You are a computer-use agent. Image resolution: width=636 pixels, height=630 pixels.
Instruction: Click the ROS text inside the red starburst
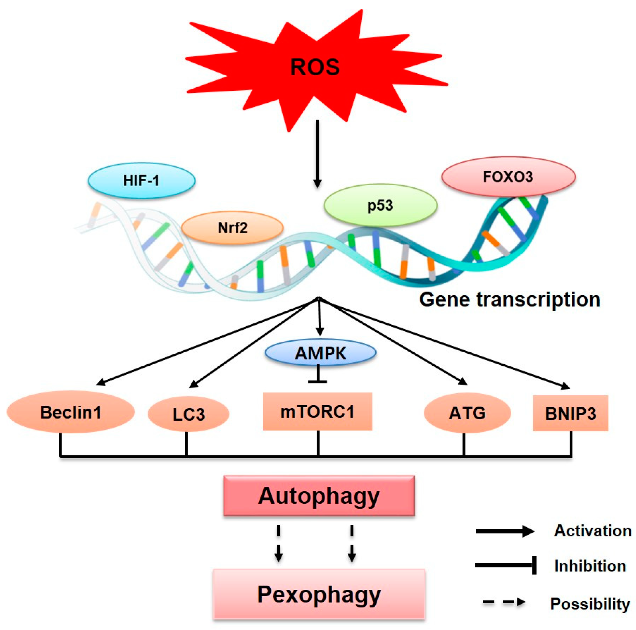click(x=314, y=67)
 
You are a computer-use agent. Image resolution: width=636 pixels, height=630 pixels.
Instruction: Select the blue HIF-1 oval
click(x=141, y=180)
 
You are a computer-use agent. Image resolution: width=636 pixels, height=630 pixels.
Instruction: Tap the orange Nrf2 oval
click(x=232, y=228)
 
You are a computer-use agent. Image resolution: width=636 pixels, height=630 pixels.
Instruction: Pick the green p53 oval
click(x=380, y=205)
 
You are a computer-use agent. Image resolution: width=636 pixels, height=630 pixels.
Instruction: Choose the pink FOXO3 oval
click(x=508, y=177)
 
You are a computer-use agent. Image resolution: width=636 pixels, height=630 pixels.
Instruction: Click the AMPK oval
click(x=320, y=353)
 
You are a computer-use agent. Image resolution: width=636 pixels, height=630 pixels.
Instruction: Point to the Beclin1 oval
click(x=70, y=412)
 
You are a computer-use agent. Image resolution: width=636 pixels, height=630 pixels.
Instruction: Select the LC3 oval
click(x=188, y=414)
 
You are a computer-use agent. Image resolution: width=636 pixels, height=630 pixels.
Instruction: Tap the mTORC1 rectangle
click(x=317, y=411)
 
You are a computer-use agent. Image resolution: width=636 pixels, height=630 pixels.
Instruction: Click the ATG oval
click(x=467, y=412)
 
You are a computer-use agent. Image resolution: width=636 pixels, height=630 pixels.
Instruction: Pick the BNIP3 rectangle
click(x=570, y=413)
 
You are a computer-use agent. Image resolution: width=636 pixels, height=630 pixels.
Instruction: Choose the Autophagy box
click(x=319, y=496)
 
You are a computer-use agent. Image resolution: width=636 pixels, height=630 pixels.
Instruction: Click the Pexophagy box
click(x=319, y=594)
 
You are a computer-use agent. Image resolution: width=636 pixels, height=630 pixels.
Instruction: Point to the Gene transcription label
click(x=510, y=299)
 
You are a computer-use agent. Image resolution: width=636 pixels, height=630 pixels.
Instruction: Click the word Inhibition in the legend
click(x=590, y=566)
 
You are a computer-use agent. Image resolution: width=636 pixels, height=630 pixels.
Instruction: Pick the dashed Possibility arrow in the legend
click(x=503, y=602)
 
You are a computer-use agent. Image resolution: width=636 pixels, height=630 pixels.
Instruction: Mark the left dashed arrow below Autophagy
click(x=278, y=543)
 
